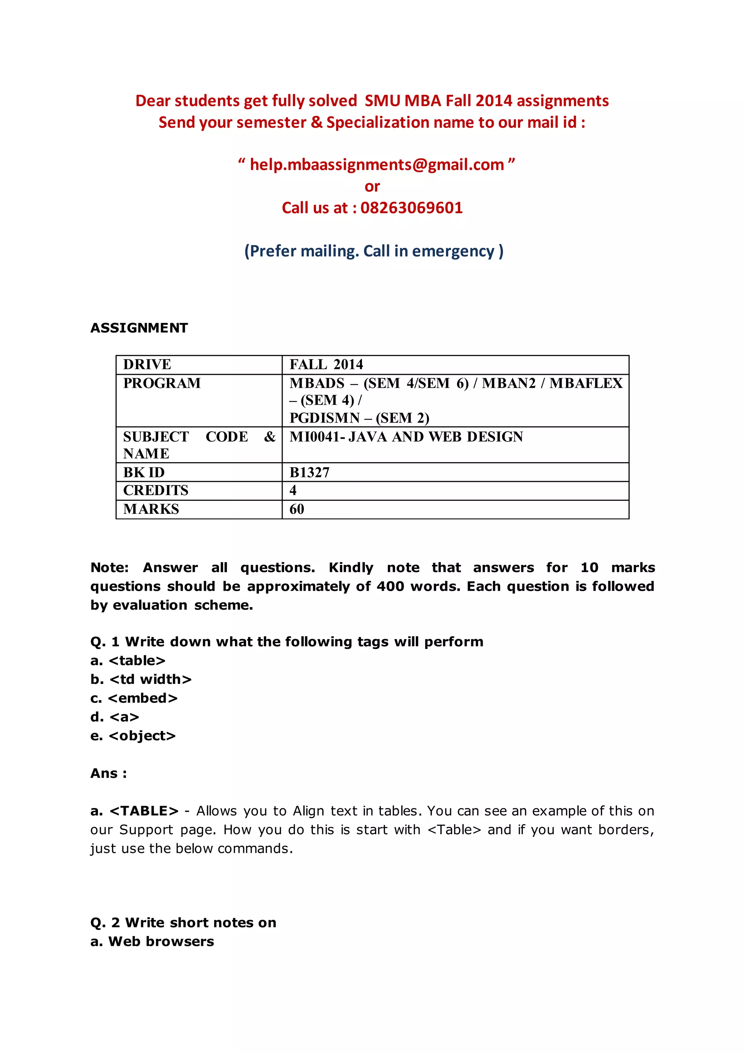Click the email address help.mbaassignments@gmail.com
tap(377, 165)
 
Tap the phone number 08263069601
tap(411, 208)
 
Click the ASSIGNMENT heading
tap(139, 328)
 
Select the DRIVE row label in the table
tap(147, 364)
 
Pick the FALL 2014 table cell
tap(326, 364)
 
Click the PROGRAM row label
tap(162, 383)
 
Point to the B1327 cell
tap(310, 472)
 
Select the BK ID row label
tap(144, 472)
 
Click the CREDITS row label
tap(156, 490)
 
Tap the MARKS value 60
tap(297, 509)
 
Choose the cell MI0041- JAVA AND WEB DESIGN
tap(406, 437)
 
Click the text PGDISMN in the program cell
tap(324, 418)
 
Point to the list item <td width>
tap(151, 679)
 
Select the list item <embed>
tap(143, 698)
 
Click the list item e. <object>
tap(133, 736)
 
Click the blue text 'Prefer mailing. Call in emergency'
tap(374, 251)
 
